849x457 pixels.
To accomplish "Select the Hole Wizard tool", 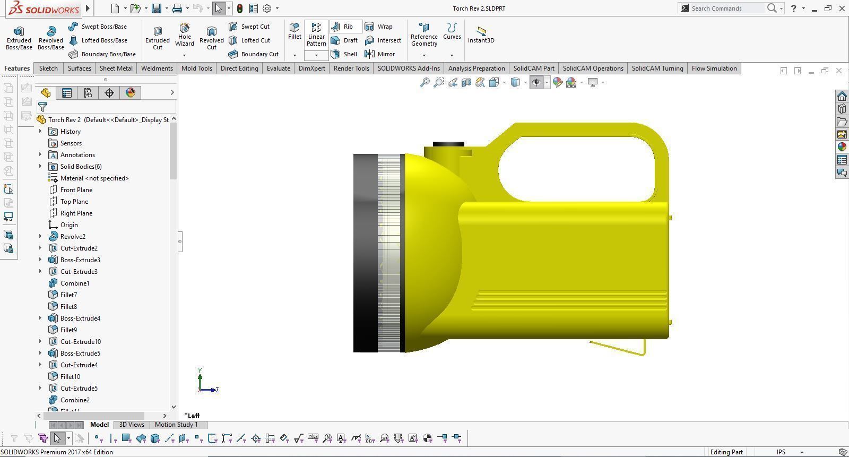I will (x=185, y=35).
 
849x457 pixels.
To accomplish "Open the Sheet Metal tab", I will (x=116, y=68).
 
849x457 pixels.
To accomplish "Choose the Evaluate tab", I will (x=278, y=68).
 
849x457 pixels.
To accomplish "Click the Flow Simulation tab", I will (x=714, y=68).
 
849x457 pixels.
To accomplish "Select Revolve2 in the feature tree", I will (x=73, y=237).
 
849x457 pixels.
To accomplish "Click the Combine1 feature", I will (x=74, y=283).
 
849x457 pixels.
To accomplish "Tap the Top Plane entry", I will (x=74, y=202).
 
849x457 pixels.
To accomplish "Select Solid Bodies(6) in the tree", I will (x=81, y=167).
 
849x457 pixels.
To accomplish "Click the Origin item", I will (x=69, y=225).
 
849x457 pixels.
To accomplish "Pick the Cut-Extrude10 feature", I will (x=80, y=342).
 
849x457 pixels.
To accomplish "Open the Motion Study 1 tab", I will (x=176, y=425).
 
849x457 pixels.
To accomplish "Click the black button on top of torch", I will (x=448, y=144).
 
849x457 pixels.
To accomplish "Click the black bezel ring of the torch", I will (x=365, y=253).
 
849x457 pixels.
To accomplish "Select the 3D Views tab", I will (x=132, y=425).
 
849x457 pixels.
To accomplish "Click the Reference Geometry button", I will (x=424, y=35).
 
